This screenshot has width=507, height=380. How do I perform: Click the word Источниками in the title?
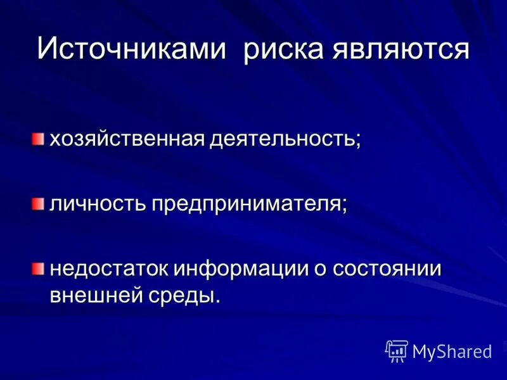tap(131, 49)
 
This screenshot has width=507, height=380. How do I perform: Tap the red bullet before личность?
tap(39, 203)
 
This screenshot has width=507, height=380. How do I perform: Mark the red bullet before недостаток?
tap(39, 269)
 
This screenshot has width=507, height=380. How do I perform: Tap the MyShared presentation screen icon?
tap(397, 350)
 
